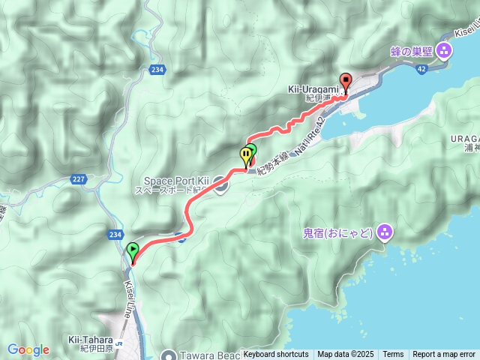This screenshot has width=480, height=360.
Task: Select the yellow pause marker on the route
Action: (246, 156)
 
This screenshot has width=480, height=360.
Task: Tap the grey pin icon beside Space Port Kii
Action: (220, 183)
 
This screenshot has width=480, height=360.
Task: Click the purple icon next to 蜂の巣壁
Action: (444, 51)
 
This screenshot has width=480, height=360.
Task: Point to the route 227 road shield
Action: (79, 178)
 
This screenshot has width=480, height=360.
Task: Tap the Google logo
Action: (28, 349)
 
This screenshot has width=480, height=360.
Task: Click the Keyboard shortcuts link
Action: (276, 354)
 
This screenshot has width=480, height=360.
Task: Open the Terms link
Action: (393, 354)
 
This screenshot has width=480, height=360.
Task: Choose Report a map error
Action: (445, 354)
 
